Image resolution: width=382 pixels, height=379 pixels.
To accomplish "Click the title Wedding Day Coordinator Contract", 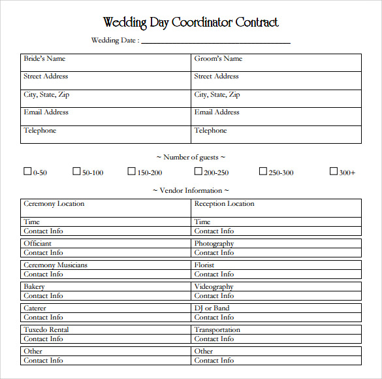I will click(191, 22).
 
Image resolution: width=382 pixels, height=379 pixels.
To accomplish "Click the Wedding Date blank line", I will click(215, 42).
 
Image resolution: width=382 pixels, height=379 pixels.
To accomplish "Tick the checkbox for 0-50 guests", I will click(27, 172).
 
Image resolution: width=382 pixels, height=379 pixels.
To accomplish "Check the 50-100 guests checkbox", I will click(76, 172).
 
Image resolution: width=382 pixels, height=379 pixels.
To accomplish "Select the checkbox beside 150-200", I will click(132, 172).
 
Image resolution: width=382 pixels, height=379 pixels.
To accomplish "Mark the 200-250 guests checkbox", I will click(198, 172).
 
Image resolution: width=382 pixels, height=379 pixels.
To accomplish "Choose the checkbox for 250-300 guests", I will click(263, 172).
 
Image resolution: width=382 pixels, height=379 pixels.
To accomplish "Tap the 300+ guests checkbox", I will click(334, 172).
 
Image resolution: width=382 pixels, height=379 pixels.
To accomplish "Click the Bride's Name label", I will click(44, 59).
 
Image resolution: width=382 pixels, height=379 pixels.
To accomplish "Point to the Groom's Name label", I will click(218, 59).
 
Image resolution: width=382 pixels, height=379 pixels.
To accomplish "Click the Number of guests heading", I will click(191, 157).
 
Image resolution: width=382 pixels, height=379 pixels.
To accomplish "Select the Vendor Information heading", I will click(191, 190).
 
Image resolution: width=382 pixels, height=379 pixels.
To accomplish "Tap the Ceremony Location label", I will click(54, 204).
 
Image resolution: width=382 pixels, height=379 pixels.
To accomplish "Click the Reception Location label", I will click(224, 204).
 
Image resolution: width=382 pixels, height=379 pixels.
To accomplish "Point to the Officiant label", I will click(37, 244).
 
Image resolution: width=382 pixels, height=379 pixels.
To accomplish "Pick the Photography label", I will click(214, 244).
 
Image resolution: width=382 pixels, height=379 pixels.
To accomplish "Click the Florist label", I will click(204, 265).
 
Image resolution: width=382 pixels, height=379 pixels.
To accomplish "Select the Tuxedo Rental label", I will click(46, 330).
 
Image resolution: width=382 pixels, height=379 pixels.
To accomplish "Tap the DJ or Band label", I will click(212, 308).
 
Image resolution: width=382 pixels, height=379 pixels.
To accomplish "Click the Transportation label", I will click(217, 330).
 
